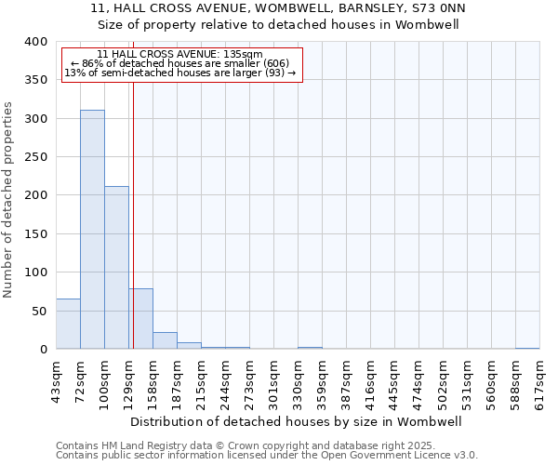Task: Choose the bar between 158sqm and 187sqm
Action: click(x=165, y=340)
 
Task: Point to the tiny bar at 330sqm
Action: click(x=310, y=348)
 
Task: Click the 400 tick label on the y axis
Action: click(x=35, y=42)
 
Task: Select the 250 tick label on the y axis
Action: click(x=35, y=157)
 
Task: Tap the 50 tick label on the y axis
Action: click(x=39, y=311)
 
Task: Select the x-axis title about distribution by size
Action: click(x=297, y=421)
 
